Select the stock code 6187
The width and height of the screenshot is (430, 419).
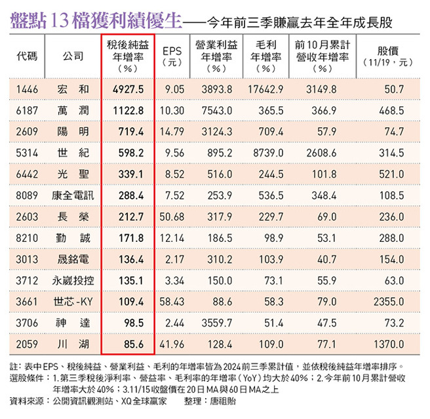28,110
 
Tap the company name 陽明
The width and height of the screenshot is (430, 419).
73,131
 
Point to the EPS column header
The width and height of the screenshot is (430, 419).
172,56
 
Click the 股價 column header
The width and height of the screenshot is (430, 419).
388,56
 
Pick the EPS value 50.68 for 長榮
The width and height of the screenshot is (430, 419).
172,217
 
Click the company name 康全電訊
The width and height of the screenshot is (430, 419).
73,195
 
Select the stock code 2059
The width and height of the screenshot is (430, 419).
28,344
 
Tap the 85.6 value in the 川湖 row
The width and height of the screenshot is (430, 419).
132,344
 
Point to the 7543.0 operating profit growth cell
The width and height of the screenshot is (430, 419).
216,110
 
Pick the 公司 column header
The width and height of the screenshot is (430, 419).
73,56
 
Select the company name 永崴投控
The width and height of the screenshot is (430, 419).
73,281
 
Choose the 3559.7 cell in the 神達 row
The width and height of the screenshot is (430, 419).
216,323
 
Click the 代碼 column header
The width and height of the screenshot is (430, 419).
28,56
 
